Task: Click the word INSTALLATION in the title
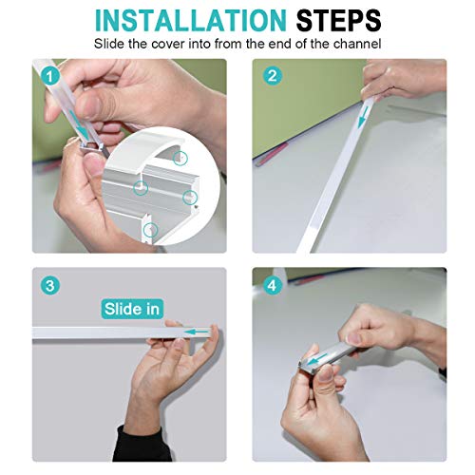[x=191, y=21]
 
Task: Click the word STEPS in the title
[x=338, y=21]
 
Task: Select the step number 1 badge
[x=50, y=77]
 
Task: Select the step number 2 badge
[x=273, y=76]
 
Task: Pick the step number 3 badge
[x=50, y=286]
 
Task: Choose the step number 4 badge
[x=272, y=286]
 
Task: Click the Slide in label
[x=132, y=309]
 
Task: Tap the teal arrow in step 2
[x=363, y=117]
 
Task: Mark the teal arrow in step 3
[x=198, y=332]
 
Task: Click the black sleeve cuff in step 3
[x=144, y=445]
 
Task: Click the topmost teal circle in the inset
[x=180, y=159]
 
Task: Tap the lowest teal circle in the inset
[x=150, y=230]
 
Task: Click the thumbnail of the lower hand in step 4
[x=326, y=374]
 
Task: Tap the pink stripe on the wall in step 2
[x=273, y=155]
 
